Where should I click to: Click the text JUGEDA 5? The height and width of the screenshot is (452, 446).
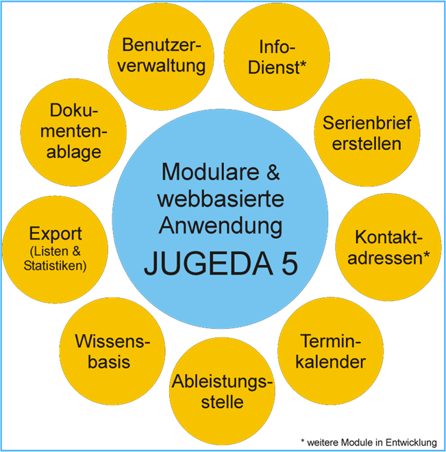click(x=221, y=264)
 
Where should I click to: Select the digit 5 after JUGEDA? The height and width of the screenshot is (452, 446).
click(x=290, y=264)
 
